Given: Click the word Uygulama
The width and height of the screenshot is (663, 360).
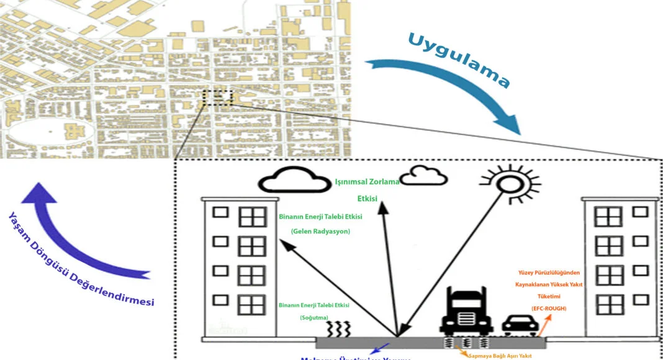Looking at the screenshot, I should [x=459, y=60].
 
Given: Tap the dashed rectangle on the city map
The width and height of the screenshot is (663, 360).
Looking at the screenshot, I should [x=217, y=98].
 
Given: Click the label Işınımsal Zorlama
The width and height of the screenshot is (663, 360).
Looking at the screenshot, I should [x=368, y=182].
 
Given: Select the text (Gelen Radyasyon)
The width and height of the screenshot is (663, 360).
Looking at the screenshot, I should [x=321, y=232].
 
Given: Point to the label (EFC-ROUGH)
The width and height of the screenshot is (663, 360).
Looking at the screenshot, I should [x=548, y=308].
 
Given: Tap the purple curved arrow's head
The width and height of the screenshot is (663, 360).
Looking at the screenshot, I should [x=38, y=193].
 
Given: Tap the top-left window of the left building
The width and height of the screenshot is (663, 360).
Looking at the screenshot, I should [x=220, y=212].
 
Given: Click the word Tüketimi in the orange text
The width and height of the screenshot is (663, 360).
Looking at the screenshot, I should [x=548, y=296].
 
